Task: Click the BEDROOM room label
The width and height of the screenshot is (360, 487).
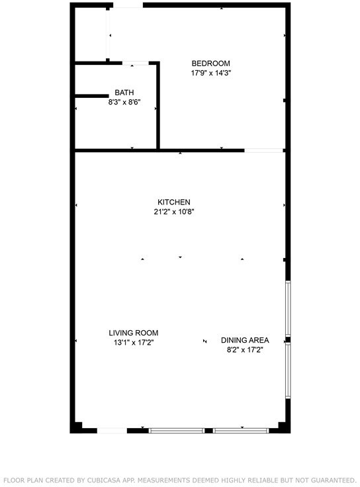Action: pos(210,64)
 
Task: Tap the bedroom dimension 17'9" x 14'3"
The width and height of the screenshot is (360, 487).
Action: pos(211,73)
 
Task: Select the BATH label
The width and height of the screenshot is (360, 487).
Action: pos(124,93)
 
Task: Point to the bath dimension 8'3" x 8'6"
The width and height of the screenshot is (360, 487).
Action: pos(124,102)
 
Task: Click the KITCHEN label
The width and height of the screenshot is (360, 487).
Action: pos(174,202)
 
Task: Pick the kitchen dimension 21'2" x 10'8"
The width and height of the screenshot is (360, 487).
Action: pos(174,212)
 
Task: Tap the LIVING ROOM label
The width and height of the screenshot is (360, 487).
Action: pos(134,333)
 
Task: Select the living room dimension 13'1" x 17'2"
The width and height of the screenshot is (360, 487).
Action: pos(134,343)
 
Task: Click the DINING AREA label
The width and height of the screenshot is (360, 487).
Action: pos(245,340)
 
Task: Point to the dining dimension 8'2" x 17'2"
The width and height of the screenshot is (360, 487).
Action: pos(245,350)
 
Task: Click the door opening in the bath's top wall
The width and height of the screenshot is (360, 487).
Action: pos(136,63)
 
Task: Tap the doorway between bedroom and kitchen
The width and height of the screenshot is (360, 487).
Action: pos(263,151)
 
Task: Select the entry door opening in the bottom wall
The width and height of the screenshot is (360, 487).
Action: pos(112,431)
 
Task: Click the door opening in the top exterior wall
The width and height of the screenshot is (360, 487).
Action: pos(128,5)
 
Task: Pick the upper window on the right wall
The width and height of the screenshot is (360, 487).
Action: pos(288,308)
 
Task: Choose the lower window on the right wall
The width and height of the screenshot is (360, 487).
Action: pos(288,371)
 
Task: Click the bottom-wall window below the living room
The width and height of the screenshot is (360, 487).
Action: pos(177,431)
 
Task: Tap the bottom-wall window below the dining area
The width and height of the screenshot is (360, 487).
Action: pos(241,431)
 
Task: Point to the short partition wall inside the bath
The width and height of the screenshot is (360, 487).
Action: pos(92,96)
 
